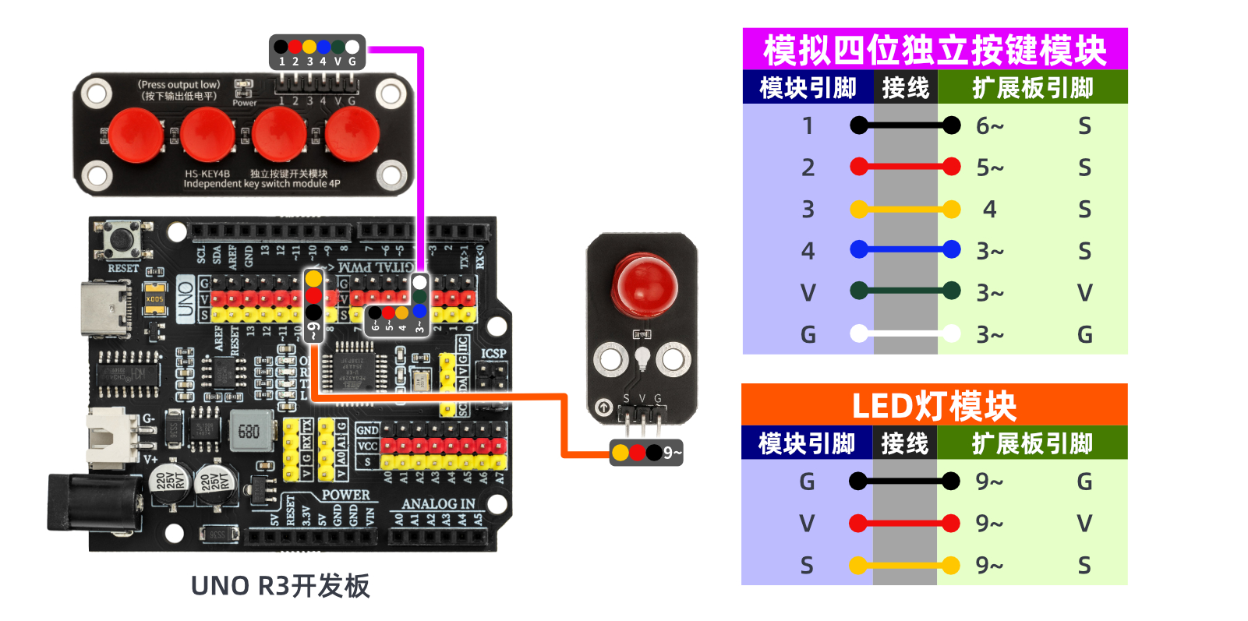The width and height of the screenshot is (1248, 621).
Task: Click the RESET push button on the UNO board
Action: tap(122, 241)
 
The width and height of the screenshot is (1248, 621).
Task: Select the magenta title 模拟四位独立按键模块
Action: tap(935, 50)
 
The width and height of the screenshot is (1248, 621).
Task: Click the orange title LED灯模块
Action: tap(934, 406)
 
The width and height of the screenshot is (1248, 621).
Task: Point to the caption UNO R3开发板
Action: tap(280, 586)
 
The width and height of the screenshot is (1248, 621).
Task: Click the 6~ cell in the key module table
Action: tap(990, 125)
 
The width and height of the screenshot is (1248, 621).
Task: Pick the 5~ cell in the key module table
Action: tap(990, 168)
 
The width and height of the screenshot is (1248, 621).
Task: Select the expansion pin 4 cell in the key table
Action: tap(989, 209)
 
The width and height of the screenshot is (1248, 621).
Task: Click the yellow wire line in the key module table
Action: tap(905, 209)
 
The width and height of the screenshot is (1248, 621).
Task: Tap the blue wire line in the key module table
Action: tap(905, 250)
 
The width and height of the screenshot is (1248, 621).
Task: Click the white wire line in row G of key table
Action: tap(905, 333)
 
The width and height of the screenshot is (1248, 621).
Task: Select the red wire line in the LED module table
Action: tap(904, 523)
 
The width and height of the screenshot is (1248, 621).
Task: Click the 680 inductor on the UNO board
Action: tap(249, 431)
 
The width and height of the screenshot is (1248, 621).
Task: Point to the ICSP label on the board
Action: tap(493, 353)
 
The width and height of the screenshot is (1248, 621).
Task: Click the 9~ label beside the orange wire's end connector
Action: tap(672, 453)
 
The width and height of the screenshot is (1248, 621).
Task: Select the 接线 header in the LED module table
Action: tap(904, 443)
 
